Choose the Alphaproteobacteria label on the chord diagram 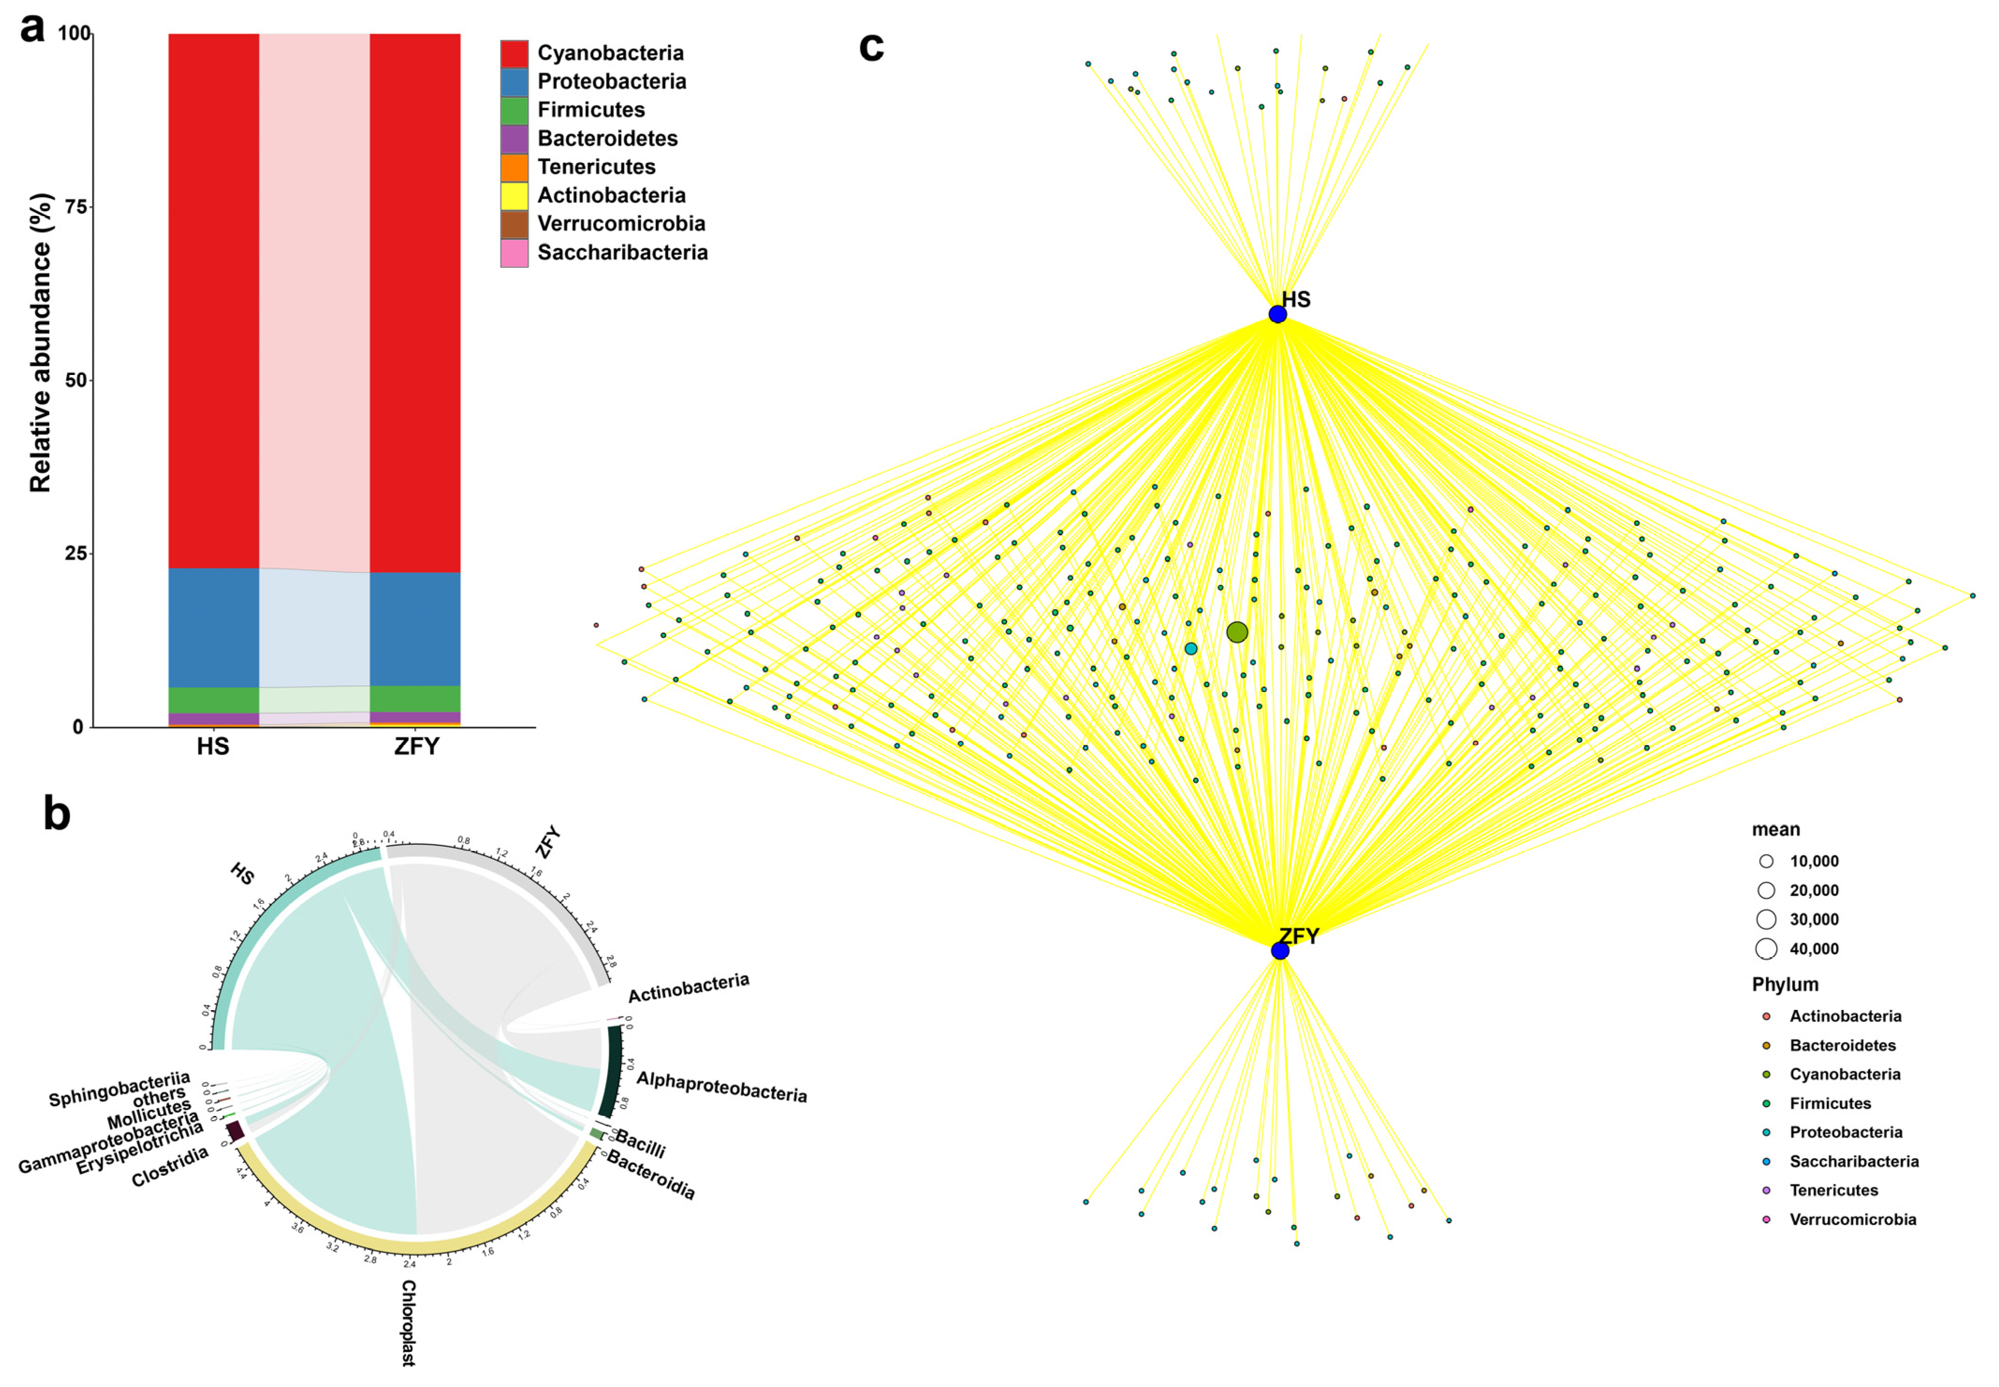pyautogui.click(x=721, y=1086)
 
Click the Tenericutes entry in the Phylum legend pyautogui.click(x=1833, y=1190)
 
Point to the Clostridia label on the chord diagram pyautogui.click(x=170, y=1166)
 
